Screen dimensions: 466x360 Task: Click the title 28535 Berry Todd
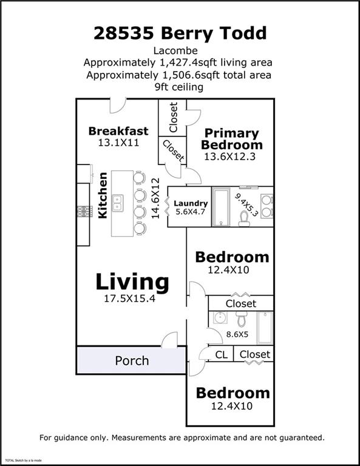(180, 33)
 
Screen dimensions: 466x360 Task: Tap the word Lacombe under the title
(179, 50)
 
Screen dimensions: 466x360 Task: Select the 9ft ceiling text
(179, 87)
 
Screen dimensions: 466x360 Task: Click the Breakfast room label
(118, 131)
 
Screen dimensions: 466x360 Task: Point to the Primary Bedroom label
(231, 139)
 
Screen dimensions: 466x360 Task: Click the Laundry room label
(191, 203)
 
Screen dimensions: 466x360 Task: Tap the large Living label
(132, 282)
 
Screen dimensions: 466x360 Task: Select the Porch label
(132, 360)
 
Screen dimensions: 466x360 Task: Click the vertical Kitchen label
(103, 195)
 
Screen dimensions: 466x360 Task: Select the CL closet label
(222, 354)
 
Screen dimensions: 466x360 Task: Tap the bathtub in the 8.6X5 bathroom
(265, 327)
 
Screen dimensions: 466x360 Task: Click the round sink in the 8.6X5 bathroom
(220, 317)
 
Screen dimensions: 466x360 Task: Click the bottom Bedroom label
(232, 393)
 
